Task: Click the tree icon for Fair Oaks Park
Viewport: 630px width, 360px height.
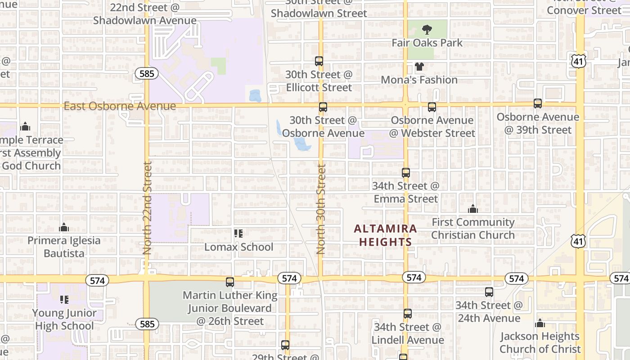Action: [427, 30]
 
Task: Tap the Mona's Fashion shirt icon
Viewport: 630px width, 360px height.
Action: [419, 67]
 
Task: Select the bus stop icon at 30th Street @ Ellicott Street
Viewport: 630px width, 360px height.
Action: [319, 61]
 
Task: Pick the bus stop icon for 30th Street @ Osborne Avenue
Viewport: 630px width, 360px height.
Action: [323, 107]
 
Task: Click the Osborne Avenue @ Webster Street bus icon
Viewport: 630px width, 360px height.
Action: [432, 107]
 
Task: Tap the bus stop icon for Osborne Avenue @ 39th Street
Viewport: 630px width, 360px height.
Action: [537, 103]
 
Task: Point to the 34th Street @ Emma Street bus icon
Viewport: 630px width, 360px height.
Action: [406, 173]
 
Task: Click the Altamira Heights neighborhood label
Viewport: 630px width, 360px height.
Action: [385, 235]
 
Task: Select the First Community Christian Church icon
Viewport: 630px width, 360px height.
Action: [472, 209]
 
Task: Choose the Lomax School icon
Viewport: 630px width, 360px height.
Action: [238, 234]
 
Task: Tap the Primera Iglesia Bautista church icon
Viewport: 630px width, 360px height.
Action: [64, 227]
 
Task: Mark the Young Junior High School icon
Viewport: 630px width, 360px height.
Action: [64, 299]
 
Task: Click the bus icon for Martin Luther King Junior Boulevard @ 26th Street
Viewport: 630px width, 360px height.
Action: [230, 282]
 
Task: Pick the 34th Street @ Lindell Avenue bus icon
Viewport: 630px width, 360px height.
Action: [408, 314]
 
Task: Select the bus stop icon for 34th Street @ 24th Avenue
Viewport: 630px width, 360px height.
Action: [489, 292]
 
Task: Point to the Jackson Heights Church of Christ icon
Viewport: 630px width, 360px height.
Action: [540, 323]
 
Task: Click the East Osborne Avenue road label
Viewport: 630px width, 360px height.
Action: [120, 106]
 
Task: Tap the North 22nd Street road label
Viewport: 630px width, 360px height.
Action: [147, 208]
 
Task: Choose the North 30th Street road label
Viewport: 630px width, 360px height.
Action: [321, 209]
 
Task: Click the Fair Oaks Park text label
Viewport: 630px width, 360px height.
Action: [427, 43]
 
